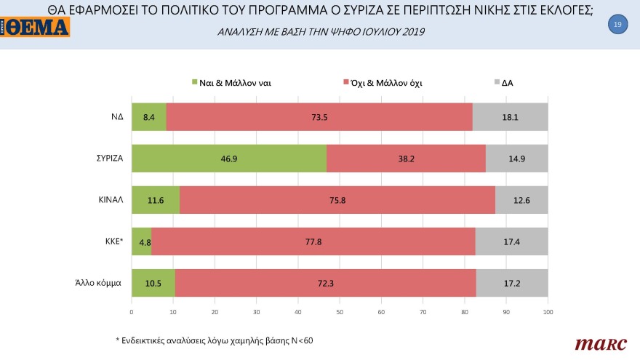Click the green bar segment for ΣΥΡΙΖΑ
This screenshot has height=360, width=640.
[x=228, y=158]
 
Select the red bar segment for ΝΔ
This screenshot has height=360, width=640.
[x=319, y=116]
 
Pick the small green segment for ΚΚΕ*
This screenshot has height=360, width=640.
[x=141, y=241]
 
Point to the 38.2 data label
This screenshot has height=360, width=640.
[x=406, y=158]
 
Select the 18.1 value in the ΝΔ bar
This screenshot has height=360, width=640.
[x=511, y=116]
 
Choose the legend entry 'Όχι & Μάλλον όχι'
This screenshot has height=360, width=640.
[x=386, y=83]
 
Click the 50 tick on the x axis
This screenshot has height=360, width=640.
[x=340, y=312]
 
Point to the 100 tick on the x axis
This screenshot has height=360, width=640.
[x=548, y=312]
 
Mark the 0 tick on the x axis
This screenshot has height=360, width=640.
[x=132, y=312]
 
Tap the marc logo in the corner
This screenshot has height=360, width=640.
[x=596, y=343]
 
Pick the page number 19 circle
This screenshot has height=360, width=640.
[x=617, y=25]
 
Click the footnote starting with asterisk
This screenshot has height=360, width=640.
[x=215, y=340]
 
